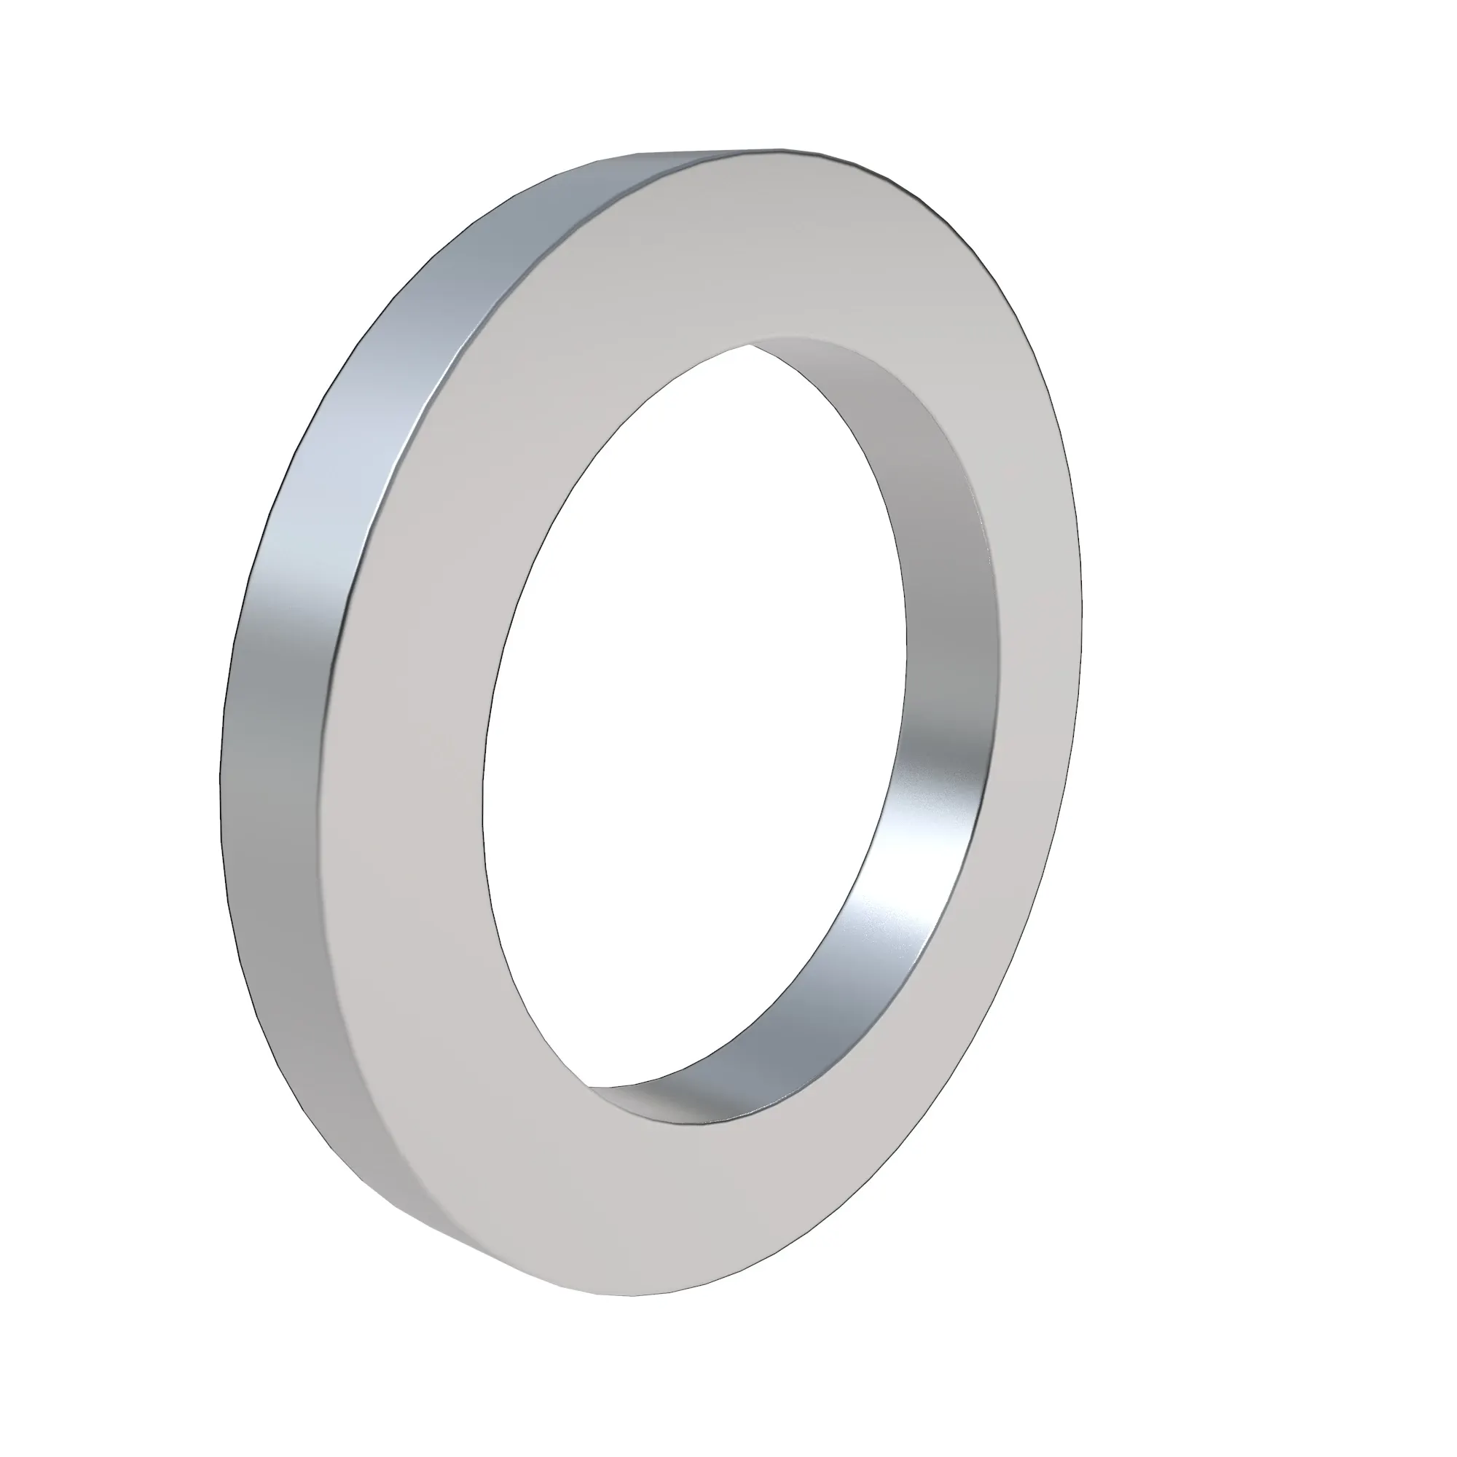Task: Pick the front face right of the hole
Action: coord(1033,641)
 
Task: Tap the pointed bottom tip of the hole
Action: coord(588,1087)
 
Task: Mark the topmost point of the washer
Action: coord(777,149)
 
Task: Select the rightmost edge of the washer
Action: coord(1081,603)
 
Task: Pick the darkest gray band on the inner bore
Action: coord(950,603)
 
